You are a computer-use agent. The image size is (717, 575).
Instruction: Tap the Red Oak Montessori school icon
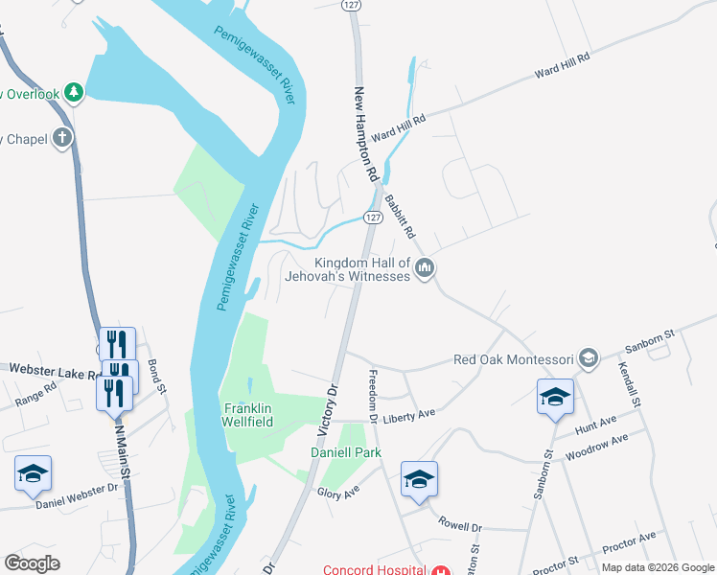point(589,359)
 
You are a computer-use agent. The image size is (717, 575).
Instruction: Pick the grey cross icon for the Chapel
point(63,139)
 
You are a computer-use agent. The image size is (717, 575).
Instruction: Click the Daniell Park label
point(345,452)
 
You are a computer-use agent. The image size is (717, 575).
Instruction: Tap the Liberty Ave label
point(409,414)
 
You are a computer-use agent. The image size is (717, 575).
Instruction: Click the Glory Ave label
point(337,493)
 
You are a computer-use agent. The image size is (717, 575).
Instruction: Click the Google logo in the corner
point(33,563)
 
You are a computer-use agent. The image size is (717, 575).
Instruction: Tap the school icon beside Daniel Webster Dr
point(33,474)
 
